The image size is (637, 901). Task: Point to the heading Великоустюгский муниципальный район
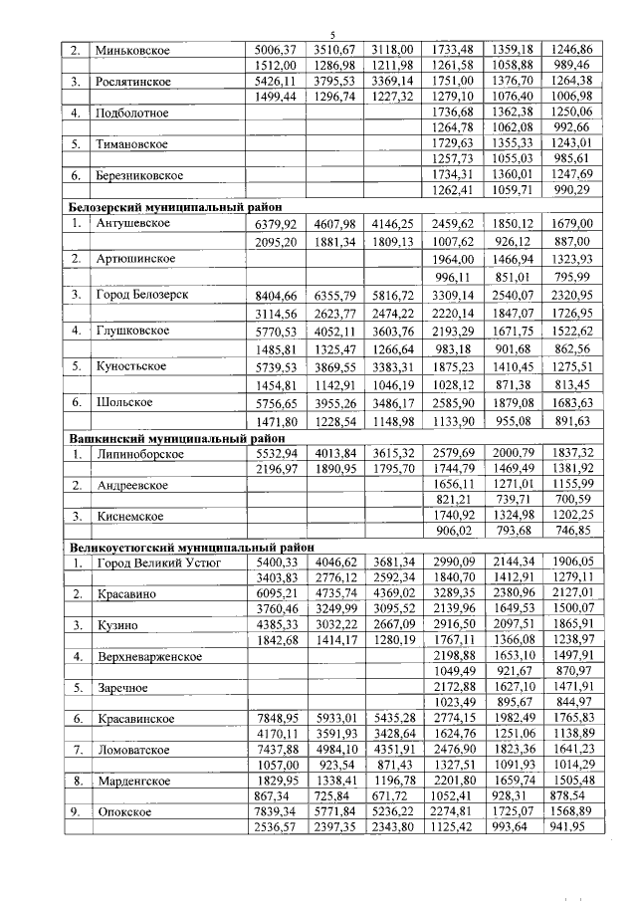pos(189,547)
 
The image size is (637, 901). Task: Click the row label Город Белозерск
pos(143,296)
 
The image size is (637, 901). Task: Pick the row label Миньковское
pos(130,49)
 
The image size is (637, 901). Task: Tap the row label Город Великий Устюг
pos(157,563)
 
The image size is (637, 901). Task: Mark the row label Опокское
pos(122,812)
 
